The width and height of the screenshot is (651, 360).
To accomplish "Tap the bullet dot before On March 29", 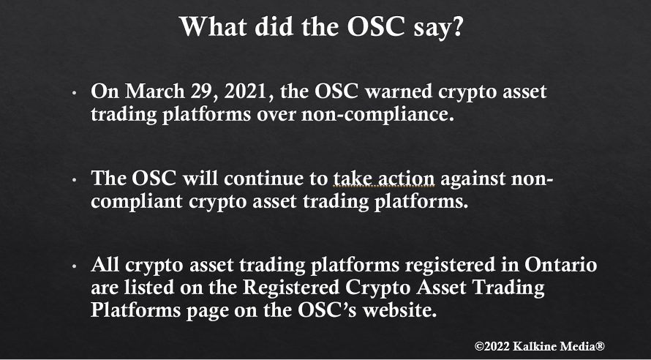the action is pos(74,93).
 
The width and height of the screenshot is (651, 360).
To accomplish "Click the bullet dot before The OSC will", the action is pos(74,180).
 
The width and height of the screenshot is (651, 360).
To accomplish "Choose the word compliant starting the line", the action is pos(137,202).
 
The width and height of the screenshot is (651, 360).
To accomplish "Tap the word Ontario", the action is pos(560,265).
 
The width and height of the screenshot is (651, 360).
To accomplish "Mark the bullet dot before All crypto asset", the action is pos(74,266).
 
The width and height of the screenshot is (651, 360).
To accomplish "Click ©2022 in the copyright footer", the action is pos(492,346).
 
